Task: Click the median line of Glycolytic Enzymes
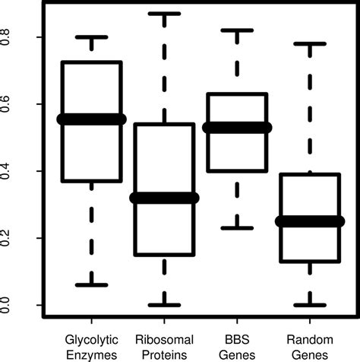92,119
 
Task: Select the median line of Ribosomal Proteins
165,198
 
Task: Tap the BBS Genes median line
238,128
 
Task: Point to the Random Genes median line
311,221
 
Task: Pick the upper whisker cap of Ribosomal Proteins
165,14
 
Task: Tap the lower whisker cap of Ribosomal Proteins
165,305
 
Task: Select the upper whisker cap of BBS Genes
238,30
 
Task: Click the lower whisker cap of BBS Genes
238,227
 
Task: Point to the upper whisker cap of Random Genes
311,43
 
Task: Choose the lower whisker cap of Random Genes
311,305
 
